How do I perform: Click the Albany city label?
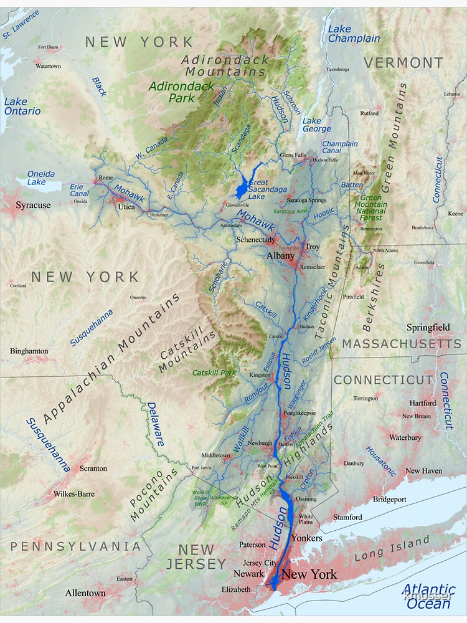pos(280,256)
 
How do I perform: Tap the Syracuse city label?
pos(33,205)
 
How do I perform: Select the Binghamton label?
pos(29,351)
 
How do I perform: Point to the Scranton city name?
pos(93,468)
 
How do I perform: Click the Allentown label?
pos(85,593)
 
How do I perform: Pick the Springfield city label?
pos(428,327)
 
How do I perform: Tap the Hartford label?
pos(423,403)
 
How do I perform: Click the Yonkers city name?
pos(307,538)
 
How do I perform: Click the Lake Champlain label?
pos(353,34)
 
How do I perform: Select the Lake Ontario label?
pos(22,107)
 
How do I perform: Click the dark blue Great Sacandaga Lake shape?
pos(242,186)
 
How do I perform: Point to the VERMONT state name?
pos(403,63)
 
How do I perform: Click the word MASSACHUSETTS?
pos(402,344)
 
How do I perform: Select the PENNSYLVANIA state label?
pos(75,546)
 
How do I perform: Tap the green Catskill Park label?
pos(214,373)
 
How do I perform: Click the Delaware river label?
pos(156,424)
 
